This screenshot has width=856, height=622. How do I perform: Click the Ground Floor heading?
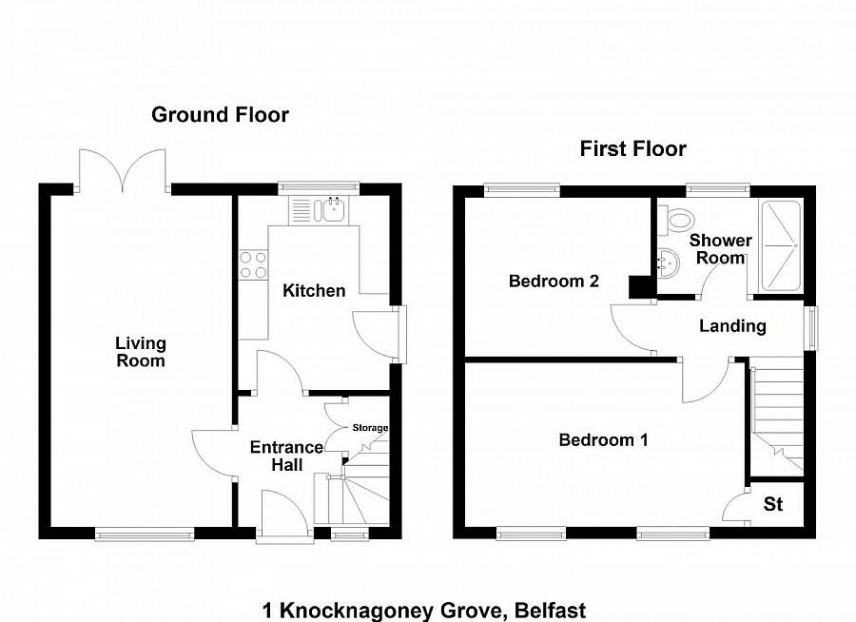pos(220,115)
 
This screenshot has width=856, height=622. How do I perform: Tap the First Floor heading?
pos(633,148)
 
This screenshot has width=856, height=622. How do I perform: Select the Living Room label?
pos(141,352)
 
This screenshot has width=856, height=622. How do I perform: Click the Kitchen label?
pos(314,290)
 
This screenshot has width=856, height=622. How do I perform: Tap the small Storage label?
pos(370,428)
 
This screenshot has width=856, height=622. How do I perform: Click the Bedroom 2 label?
pos(554,282)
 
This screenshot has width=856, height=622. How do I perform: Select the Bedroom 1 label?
pos(603,439)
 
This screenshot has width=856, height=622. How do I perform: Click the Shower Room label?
pos(720,249)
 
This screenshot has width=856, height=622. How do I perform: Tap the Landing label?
pos(732,326)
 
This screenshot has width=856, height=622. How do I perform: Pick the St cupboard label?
pos(773,504)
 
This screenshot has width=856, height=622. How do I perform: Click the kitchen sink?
pos(333,210)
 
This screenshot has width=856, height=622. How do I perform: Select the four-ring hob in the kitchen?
pos(253,263)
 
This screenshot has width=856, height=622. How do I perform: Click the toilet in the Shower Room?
pos(677,221)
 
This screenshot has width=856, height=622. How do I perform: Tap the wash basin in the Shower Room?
pos(668,261)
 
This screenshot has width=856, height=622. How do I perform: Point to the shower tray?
pos(782,243)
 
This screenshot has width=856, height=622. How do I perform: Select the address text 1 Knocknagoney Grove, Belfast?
pos(424,610)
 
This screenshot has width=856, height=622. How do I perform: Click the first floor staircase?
pos(775,418)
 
